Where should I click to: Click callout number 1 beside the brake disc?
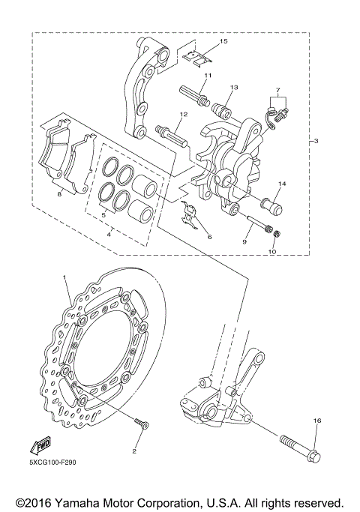65,278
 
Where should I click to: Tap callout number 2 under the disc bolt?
134,451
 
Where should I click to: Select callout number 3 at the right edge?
316,141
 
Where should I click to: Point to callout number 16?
316,421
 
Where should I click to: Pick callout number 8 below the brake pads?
59,193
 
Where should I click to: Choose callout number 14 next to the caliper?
283,184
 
